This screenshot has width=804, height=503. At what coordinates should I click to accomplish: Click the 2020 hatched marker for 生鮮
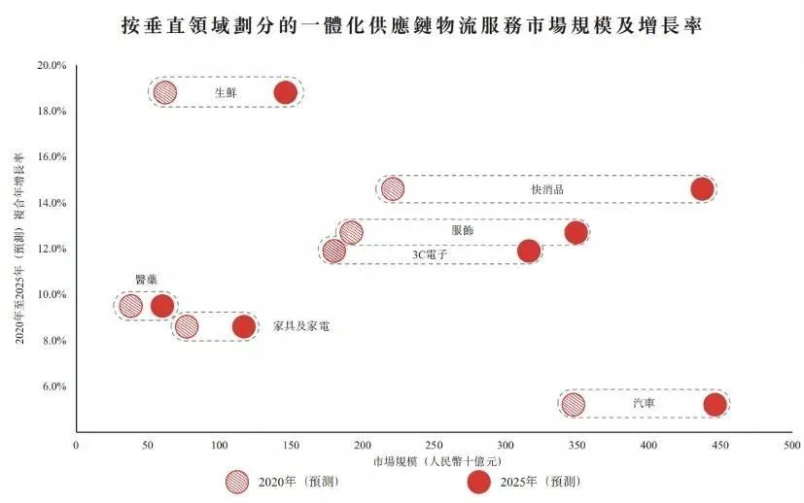165,93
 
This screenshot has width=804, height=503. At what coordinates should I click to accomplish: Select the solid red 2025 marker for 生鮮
285,93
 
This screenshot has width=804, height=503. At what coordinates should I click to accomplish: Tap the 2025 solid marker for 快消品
702,188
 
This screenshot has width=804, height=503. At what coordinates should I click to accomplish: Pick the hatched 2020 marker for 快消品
393,188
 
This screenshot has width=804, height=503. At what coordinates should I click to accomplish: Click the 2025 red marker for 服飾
576,232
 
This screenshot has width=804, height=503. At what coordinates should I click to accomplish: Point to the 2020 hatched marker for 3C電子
333,251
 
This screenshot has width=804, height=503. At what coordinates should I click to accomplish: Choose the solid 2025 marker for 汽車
715,405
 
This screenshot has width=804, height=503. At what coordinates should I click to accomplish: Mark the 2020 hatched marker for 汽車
574,405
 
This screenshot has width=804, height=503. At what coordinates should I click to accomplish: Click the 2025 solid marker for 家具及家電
244,326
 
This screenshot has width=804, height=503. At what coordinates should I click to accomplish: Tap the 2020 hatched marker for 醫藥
130,306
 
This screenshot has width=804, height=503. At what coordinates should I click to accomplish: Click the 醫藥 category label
146,280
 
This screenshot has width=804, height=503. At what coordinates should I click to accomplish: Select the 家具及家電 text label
300,326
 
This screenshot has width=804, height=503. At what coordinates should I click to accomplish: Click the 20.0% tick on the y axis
51,65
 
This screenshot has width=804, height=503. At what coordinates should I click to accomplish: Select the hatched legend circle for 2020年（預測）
236,482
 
